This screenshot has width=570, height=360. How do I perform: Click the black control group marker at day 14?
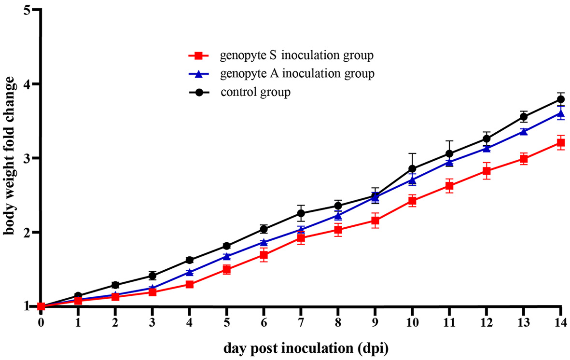coord(561,99)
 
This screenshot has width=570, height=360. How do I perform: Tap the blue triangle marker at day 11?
coord(449,162)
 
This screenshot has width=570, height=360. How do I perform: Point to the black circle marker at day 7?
coord(301,213)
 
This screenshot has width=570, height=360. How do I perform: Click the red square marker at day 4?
coord(190,284)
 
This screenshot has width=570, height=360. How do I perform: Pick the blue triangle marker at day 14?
coord(561,114)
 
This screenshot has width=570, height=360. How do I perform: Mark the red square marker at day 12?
coord(487,171)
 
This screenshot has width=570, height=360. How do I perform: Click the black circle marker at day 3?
coord(153,276)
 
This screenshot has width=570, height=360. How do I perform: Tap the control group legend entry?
coord(255,92)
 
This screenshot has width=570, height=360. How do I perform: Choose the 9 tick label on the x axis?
coord(375,322)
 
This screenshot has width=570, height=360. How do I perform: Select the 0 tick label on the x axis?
coord(41,322)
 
